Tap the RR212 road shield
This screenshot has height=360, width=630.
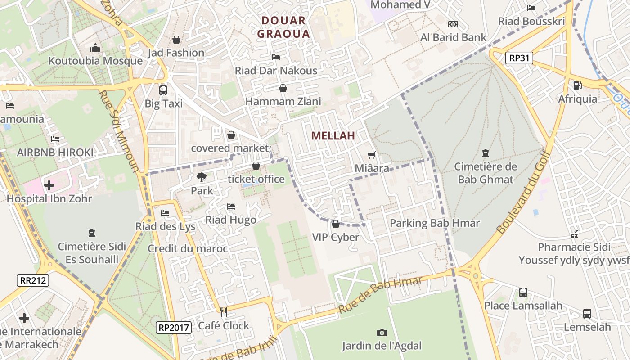(33, 280)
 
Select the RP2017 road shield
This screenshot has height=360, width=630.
(174, 328)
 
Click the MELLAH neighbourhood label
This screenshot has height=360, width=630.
(333, 136)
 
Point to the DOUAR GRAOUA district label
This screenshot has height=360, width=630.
(283, 27)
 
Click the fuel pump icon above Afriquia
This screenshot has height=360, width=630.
(577, 85)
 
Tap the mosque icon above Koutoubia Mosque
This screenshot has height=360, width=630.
(95, 48)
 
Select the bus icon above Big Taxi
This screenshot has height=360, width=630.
(163, 90)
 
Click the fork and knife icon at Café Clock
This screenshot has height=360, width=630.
(223, 312)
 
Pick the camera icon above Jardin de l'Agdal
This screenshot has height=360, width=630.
(382, 333)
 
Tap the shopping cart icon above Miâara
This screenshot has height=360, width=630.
(371, 155)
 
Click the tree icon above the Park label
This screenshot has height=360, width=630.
(202, 177)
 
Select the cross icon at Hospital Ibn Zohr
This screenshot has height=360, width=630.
(49, 185)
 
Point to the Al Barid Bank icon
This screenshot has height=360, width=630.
(453, 24)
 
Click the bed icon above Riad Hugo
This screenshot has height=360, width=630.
(231, 207)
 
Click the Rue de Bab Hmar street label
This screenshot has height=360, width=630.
(380, 295)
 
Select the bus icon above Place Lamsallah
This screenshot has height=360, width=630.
(523, 292)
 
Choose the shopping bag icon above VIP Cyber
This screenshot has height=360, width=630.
(335, 224)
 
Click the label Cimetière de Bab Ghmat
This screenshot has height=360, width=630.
(485, 173)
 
